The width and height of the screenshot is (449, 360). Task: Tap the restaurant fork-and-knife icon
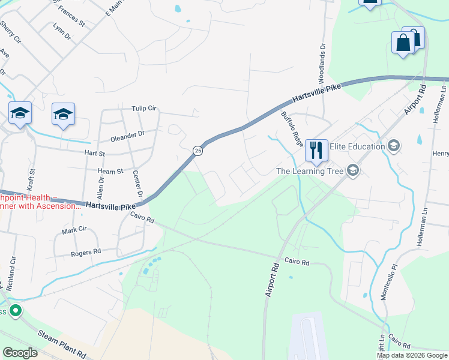[x=316, y=149]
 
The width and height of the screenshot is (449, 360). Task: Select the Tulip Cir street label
[x=144, y=109]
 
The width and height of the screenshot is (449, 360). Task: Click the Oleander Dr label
[x=133, y=134]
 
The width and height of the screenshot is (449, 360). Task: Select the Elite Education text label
[x=357, y=146]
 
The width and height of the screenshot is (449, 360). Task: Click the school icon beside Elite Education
[x=394, y=146]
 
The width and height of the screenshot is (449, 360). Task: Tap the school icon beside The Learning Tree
[x=353, y=171]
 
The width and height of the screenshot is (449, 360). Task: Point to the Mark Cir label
[x=74, y=230]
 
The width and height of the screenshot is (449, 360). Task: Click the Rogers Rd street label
[x=85, y=253]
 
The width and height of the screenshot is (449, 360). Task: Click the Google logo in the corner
[x=20, y=352]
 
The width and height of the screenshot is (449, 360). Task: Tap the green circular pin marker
[x=16, y=311]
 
